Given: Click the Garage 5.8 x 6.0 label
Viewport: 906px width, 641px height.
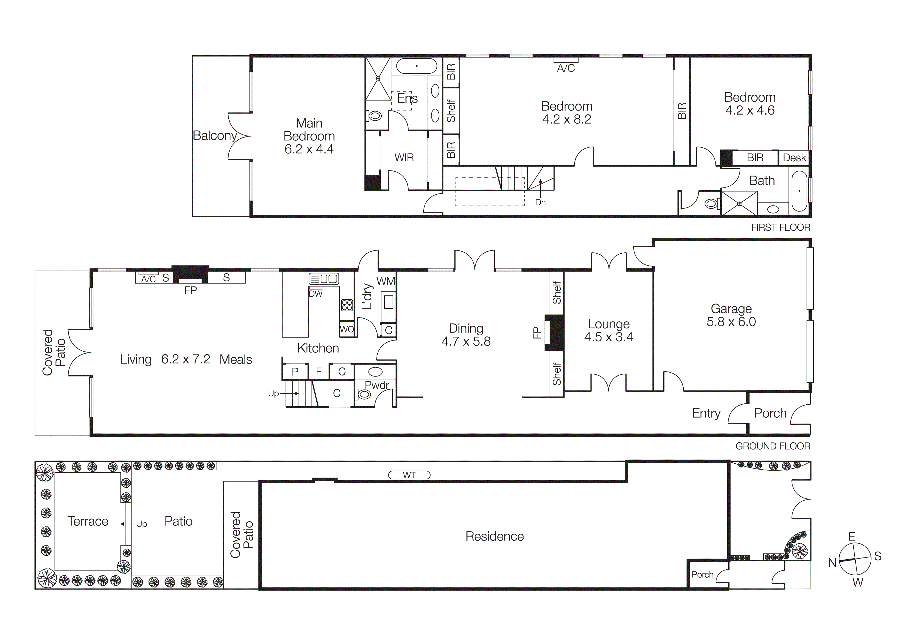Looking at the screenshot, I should [731, 315].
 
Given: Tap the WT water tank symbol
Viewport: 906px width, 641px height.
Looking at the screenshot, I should [409, 475].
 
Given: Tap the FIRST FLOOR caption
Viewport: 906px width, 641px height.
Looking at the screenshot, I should [780, 228].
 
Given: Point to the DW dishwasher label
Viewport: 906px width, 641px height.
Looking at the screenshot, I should [315, 294].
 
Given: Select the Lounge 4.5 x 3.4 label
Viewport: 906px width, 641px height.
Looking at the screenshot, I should [608, 330].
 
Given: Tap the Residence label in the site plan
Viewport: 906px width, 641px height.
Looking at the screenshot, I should [494, 536].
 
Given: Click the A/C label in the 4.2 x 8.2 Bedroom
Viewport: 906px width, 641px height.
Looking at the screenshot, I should [565, 68].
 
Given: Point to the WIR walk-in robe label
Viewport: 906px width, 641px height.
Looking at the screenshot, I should [404, 157].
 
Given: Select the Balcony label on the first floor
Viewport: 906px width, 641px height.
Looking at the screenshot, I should [214, 135].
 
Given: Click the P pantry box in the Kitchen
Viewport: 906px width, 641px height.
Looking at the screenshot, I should [295, 372].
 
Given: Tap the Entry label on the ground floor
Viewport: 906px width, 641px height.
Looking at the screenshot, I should [706, 413].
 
